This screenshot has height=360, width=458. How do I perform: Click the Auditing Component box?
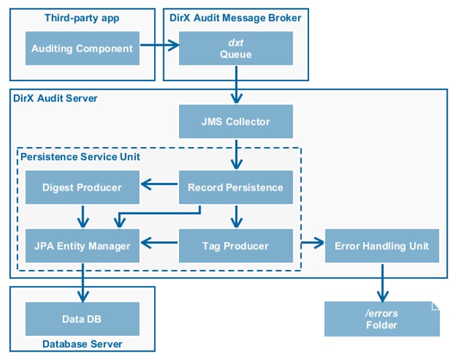(82, 48)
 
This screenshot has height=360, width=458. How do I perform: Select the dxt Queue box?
(235, 48)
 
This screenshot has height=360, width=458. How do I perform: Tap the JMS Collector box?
(235, 122)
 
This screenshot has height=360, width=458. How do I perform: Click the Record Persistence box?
(235, 188)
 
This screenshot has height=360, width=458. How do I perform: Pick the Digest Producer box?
(82, 188)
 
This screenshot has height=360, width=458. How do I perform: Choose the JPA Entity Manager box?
(82, 246)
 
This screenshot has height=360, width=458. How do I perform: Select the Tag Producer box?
(235, 246)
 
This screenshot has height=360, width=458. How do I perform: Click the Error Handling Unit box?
(382, 246)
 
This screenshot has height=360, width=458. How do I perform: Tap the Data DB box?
(82, 319)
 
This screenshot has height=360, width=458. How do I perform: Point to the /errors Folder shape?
(382, 319)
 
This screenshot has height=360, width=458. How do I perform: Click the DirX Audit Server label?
(56, 99)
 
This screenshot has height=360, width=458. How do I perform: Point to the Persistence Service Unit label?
(80, 157)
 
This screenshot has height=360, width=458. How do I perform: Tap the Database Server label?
(82, 344)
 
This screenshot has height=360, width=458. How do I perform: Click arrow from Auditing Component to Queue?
(159, 46)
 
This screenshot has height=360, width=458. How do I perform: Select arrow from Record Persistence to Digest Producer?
(159, 185)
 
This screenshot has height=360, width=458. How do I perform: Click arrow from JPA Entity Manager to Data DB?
(82, 282)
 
